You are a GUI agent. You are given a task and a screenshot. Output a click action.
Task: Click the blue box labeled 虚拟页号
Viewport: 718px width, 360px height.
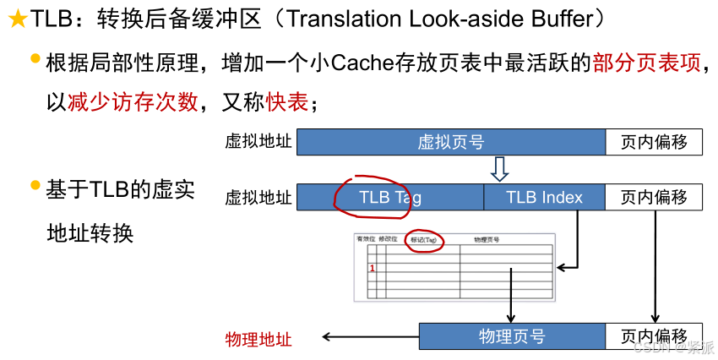[x=451, y=142]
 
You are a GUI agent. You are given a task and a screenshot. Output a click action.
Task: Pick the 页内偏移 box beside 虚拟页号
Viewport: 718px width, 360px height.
[x=654, y=142]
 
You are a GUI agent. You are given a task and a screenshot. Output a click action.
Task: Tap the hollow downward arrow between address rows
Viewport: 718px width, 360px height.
[x=499, y=169]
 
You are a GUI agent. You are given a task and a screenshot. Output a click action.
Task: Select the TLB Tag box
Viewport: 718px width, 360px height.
[x=389, y=198]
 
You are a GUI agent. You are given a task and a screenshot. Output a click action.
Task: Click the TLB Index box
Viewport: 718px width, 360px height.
[x=544, y=198]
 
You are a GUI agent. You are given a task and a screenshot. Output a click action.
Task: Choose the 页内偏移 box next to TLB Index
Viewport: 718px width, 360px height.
[x=654, y=198]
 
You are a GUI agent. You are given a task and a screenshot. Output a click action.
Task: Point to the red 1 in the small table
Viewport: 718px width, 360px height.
[x=373, y=269]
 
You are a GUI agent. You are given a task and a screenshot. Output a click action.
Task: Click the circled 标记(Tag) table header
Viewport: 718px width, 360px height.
[x=423, y=240]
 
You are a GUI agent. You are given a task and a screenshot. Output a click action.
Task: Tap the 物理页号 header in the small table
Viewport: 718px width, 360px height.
[x=487, y=240]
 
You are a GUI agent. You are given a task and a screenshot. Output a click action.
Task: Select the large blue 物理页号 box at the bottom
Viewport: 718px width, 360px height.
[x=512, y=337]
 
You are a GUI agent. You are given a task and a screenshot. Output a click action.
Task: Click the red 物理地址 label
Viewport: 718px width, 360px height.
[x=258, y=340]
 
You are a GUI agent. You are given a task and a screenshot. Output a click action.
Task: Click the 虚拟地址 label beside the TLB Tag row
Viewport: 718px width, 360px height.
[x=258, y=198]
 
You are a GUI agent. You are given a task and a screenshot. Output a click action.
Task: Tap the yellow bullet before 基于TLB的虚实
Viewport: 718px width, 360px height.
[x=35, y=184]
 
